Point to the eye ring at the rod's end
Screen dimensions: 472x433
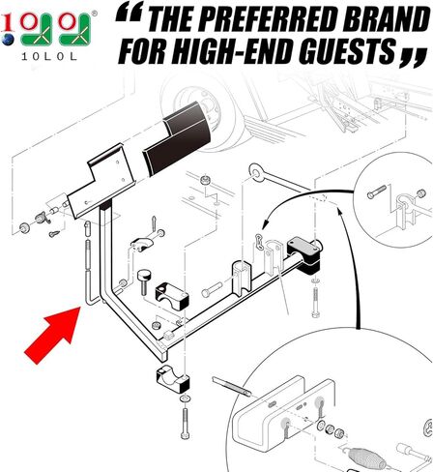(256, 171)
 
